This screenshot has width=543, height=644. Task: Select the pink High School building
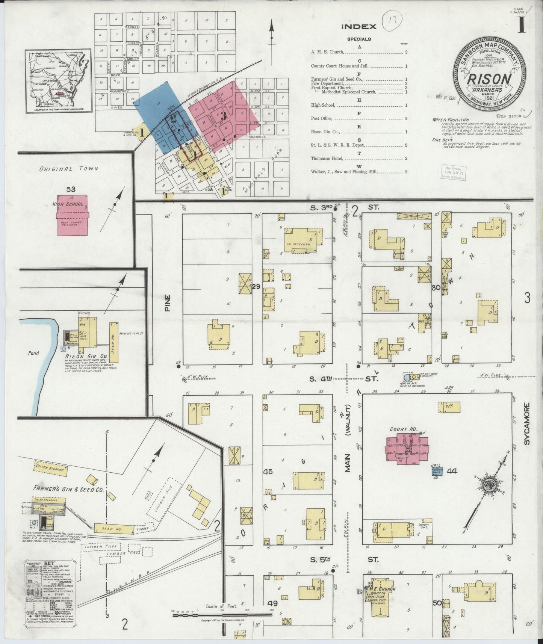tap(73, 215)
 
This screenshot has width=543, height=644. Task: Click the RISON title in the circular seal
tap(489, 79)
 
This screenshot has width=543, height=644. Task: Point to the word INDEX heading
tap(358, 27)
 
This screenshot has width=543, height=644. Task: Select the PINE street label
tap(168, 302)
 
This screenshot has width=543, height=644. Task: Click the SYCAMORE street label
tap(527, 424)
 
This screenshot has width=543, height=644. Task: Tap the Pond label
tap(33, 353)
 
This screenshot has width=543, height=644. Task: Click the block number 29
tap(256, 287)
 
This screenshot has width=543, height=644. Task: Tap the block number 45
tap(268, 472)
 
